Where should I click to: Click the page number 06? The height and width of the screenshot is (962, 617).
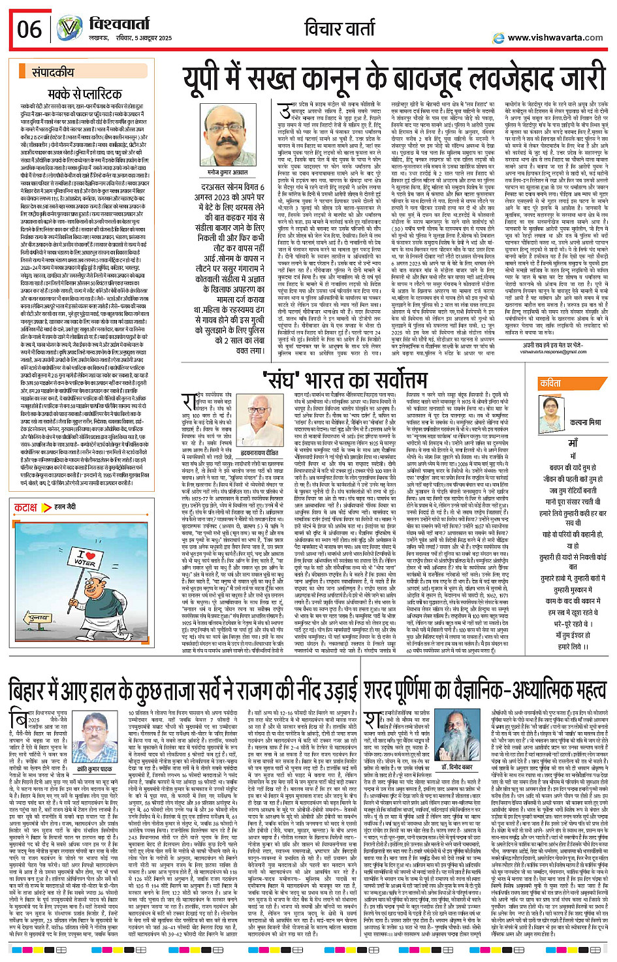pyautogui.click(x=29, y=29)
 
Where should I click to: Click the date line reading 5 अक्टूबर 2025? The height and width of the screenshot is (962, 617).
pyautogui.click(x=146, y=39)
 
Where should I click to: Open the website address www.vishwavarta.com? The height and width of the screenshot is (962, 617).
pyautogui.click(x=555, y=37)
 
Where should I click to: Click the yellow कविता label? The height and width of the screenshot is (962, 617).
pyautogui.click(x=552, y=383)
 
